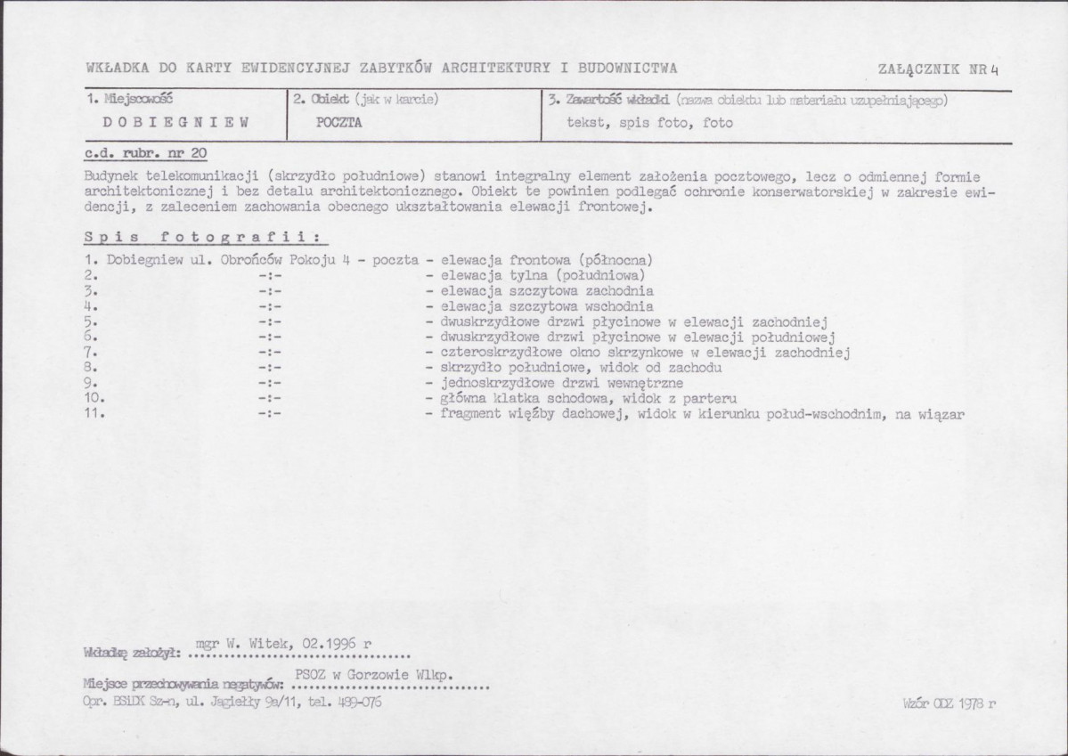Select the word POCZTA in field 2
tap(339, 123)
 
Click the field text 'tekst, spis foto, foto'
tap(649, 123)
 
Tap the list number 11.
tap(95, 413)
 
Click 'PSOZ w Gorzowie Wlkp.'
tap(375, 676)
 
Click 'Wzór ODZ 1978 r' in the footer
tap(949, 702)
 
